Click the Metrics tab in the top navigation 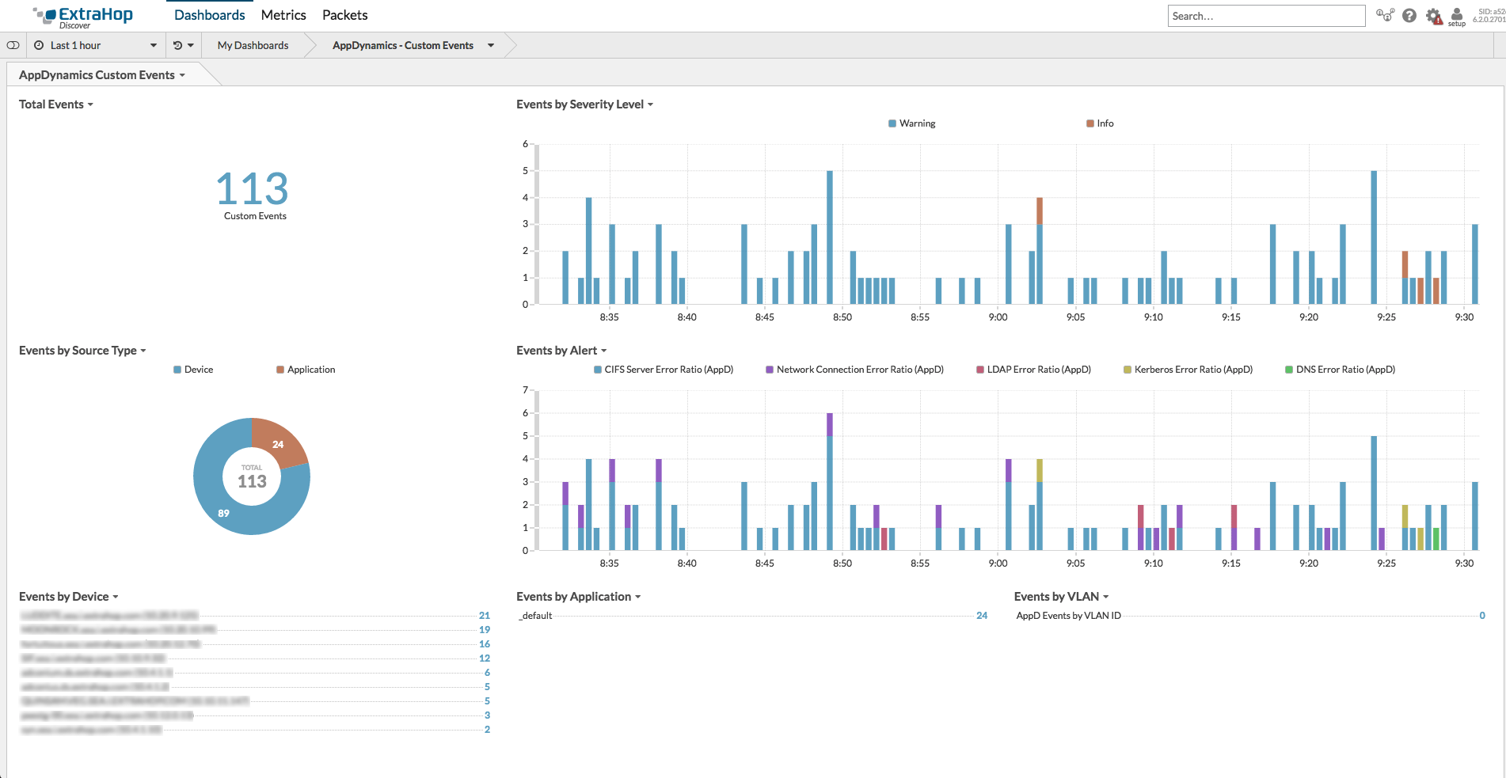pos(283,15)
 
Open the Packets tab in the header pos(344,15)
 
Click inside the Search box pos(1265,16)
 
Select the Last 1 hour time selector pos(95,45)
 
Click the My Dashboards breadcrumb pos(253,45)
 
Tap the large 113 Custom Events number pos(252,189)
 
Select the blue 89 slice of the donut pos(223,513)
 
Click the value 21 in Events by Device pos(484,616)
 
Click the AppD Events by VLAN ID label pos(1068,616)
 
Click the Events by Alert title pos(557,351)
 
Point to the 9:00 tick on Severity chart pos(998,317)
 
